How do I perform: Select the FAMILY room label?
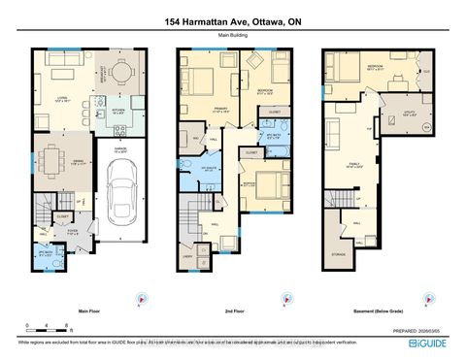pos(355,165)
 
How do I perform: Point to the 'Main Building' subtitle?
pos(232,37)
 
